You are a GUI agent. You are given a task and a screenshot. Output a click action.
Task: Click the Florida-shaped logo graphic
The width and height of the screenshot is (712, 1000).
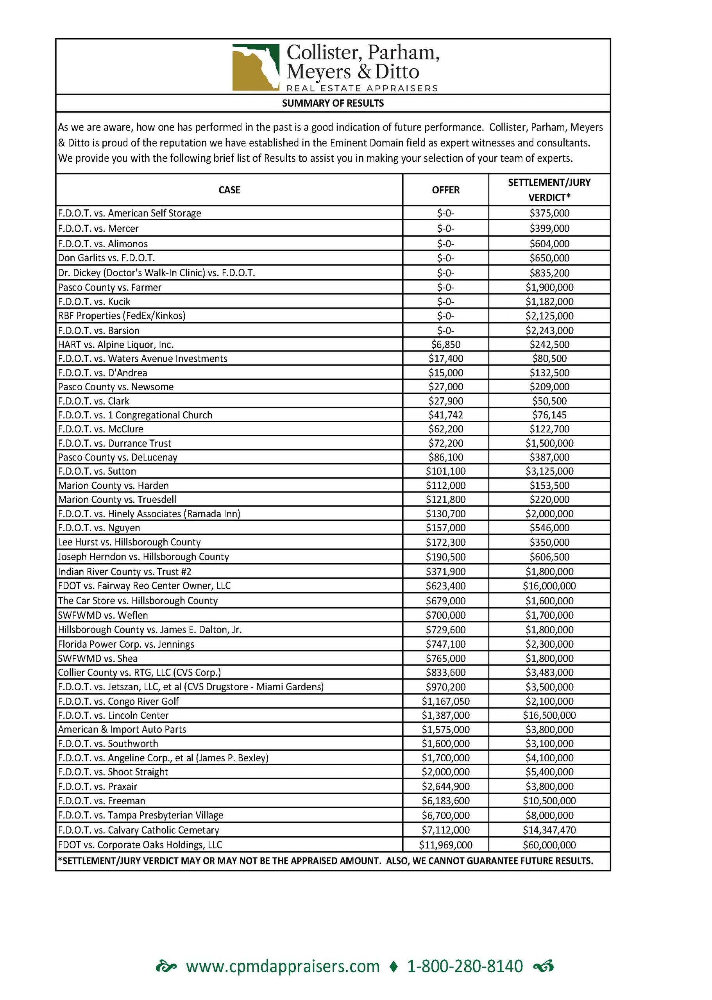(256, 67)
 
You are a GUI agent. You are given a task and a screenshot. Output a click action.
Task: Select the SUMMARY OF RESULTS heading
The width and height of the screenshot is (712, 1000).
(333, 103)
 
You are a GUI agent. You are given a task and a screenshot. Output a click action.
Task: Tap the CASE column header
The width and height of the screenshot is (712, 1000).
(229, 190)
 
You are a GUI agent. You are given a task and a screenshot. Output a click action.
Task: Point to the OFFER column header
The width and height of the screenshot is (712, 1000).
(445, 190)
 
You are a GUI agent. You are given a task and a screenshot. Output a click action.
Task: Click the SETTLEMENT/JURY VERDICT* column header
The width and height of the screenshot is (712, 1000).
(549, 190)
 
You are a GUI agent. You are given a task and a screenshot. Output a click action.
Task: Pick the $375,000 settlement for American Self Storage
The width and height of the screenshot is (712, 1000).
(549, 213)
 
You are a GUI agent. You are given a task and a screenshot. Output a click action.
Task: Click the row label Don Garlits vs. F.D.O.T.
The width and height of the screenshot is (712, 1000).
(107, 258)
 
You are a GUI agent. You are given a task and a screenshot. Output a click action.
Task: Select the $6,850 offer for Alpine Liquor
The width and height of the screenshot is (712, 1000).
(445, 345)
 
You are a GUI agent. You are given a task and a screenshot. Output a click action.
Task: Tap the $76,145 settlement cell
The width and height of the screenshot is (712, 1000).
(549, 415)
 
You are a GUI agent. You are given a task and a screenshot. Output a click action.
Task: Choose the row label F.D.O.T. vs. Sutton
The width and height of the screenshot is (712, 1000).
(97, 471)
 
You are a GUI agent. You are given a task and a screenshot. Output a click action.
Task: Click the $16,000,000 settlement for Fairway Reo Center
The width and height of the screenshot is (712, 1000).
(549, 586)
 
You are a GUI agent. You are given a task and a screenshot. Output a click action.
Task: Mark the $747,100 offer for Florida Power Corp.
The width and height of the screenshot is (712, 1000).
(445, 644)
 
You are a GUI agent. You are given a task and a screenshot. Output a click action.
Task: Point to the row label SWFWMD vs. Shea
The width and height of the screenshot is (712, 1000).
(98, 658)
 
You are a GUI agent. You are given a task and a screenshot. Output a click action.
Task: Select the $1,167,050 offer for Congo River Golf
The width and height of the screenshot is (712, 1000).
(445, 701)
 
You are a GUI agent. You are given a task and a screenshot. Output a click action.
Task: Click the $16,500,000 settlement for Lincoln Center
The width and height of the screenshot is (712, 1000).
(549, 715)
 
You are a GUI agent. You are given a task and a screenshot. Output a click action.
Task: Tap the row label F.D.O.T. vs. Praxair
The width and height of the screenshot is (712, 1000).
(98, 786)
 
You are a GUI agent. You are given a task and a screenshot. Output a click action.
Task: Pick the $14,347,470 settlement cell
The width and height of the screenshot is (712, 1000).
(549, 830)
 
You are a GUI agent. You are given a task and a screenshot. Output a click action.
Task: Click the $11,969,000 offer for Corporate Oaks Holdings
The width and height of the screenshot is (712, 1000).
(445, 845)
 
